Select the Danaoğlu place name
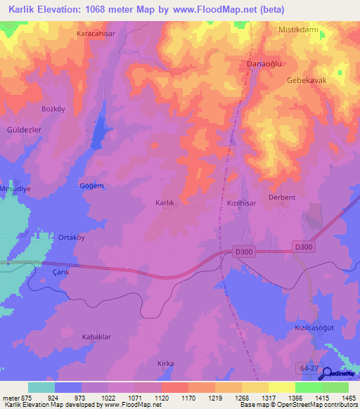coord(264,64)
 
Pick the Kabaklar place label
coord(97,337)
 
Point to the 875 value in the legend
coord(23,397)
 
